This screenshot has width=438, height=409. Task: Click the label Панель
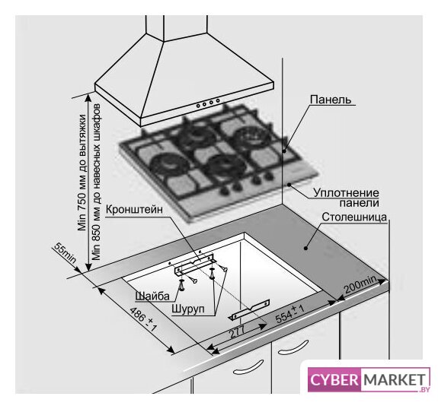point(331,100)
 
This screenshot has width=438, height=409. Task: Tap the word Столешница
point(354,217)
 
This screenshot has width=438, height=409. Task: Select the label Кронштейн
point(134,209)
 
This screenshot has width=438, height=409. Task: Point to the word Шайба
point(152,296)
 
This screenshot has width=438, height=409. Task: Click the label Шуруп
point(188,309)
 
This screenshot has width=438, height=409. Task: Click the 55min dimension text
point(65,253)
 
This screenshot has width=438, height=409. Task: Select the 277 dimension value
point(237,332)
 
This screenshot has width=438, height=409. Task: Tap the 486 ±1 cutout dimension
point(143,319)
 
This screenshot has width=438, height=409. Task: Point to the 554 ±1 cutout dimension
point(289,314)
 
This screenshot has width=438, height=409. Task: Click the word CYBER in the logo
point(334,379)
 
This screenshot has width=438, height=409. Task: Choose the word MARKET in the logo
point(395,379)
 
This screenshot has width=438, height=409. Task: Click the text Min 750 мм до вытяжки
point(82,173)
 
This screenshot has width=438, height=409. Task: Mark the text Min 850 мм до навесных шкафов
point(97,182)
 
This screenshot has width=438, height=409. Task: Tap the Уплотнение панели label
point(346,198)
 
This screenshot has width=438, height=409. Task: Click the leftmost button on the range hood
point(198,106)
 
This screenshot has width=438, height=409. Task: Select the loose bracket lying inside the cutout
point(251,309)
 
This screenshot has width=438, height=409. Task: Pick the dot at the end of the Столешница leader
point(306,248)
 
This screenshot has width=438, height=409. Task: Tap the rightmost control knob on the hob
point(269,176)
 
